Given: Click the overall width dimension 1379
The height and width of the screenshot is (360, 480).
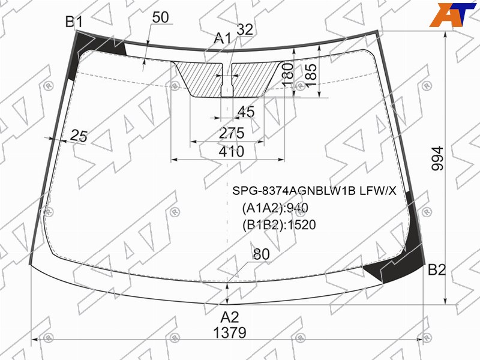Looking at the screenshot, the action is (x=230, y=332).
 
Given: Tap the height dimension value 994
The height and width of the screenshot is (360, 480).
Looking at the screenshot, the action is (x=437, y=158).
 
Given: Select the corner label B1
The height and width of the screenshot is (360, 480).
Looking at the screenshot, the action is (x=74, y=22).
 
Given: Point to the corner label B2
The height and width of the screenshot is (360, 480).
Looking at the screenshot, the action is (x=437, y=269).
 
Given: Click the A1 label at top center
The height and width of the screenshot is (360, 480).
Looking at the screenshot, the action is (x=223, y=39).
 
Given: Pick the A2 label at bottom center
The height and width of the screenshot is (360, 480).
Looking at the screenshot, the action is (x=230, y=317).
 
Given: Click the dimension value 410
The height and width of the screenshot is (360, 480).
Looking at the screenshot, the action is (x=232, y=151).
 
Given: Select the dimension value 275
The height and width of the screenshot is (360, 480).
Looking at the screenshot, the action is (x=232, y=133).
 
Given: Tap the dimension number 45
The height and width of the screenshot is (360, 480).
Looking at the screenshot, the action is (x=246, y=112).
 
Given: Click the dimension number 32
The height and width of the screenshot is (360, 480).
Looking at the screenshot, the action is (x=245, y=29).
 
